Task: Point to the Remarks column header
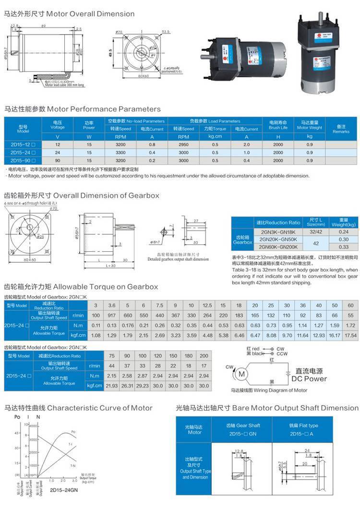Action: click(341, 128)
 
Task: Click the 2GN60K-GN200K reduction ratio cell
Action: click(278, 247)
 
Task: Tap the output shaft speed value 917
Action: click(111, 315)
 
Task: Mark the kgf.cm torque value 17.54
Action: click(350, 335)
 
